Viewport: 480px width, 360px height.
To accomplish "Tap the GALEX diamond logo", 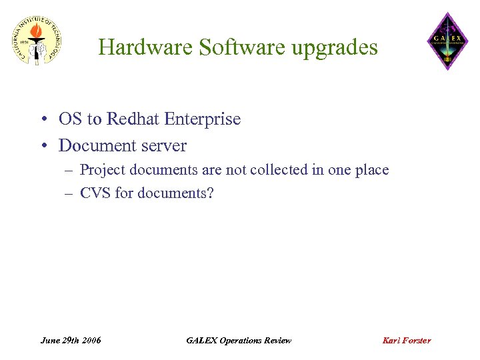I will (x=447, y=41).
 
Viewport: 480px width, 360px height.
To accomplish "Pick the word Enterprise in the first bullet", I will (x=203, y=119).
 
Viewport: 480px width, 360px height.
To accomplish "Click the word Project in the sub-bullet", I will (x=103, y=170).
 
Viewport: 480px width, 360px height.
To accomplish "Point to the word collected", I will (x=279, y=170).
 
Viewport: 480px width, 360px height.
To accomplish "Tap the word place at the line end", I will (x=371, y=170).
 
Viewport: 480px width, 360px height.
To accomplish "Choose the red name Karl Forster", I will (x=406, y=340).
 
